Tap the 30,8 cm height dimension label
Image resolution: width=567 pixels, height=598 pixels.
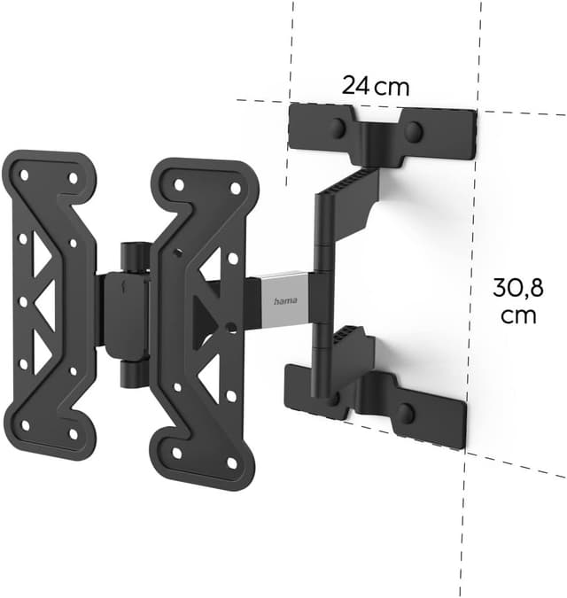[517, 301]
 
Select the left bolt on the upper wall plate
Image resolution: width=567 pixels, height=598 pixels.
[338, 128]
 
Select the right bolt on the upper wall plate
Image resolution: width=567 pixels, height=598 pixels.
[413, 132]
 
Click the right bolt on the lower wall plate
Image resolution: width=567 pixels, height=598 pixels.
[407, 413]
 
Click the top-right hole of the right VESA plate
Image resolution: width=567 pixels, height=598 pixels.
[235, 188]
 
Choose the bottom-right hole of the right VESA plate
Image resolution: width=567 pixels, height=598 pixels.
[232, 462]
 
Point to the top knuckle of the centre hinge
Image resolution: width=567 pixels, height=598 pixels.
[132, 256]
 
